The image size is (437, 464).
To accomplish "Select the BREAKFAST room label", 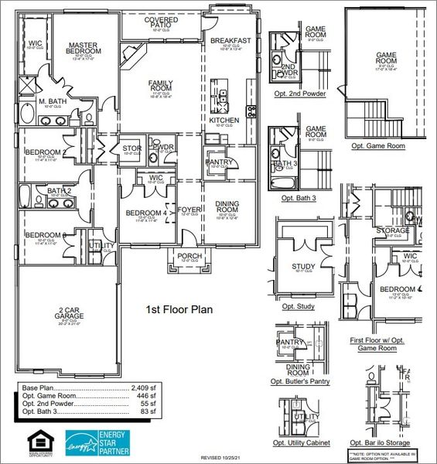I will coord(230,41).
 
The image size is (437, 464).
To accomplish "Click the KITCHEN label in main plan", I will coord(224,121).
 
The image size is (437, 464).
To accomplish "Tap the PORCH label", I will coord(189,256).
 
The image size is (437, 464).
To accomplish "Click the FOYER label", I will coord(189,210).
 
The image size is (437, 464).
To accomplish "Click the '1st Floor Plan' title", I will coord(179,309).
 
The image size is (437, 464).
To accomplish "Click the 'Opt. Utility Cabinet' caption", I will coord(301,443).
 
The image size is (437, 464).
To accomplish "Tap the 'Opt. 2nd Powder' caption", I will coord(298,94).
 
